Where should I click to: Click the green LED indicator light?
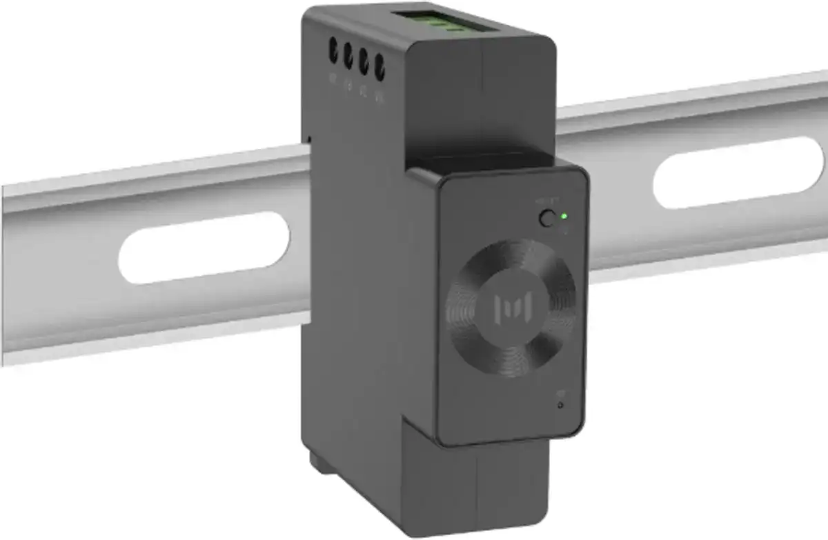564,216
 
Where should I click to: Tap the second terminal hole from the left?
348,56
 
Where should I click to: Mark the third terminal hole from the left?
363,61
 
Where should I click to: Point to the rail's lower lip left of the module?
152,345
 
